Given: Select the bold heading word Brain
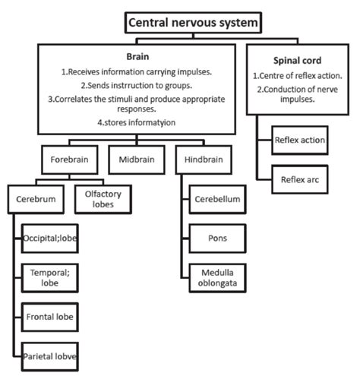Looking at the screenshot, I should (x=137, y=56).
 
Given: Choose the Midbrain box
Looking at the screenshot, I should (x=137, y=161).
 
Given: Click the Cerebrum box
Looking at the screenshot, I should (x=35, y=199).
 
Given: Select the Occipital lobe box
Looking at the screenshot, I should (x=51, y=238).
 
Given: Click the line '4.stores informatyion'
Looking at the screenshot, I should (x=137, y=122).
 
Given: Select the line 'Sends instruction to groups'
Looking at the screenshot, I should (x=137, y=86).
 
